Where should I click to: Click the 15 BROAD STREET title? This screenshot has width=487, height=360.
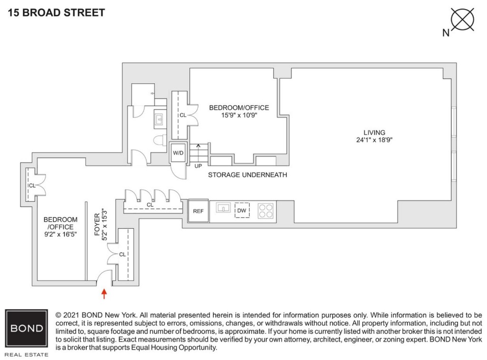(x=57, y=13)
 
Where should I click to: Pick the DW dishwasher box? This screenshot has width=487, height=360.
(x=242, y=211)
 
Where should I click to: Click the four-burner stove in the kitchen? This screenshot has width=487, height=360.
(x=266, y=211)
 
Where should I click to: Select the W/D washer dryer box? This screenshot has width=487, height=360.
(x=178, y=153)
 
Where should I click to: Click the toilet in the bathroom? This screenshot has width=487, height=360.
(x=159, y=140)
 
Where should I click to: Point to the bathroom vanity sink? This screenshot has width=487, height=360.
(x=158, y=119)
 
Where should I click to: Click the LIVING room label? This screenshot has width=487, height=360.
(x=374, y=133)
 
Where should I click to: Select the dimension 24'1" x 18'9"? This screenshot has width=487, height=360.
(x=374, y=140)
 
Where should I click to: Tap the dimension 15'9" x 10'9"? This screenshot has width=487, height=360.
(x=239, y=115)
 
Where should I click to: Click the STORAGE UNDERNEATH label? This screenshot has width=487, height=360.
(x=247, y=175)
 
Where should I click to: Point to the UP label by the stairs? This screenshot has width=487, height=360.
(x=198, y=166)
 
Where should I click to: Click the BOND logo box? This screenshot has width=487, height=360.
(x=26, y=329)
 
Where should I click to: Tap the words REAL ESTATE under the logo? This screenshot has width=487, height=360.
(x=26, y=354)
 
